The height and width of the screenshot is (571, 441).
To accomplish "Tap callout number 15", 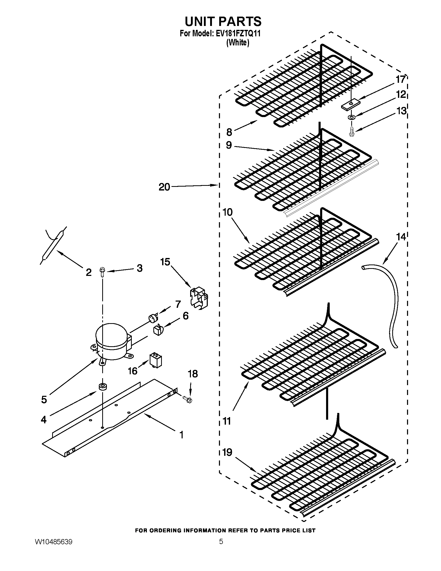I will coord(165,262).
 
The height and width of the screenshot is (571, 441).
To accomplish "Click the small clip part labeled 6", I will coord(158,330).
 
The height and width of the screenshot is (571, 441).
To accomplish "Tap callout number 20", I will coord(164,187).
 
